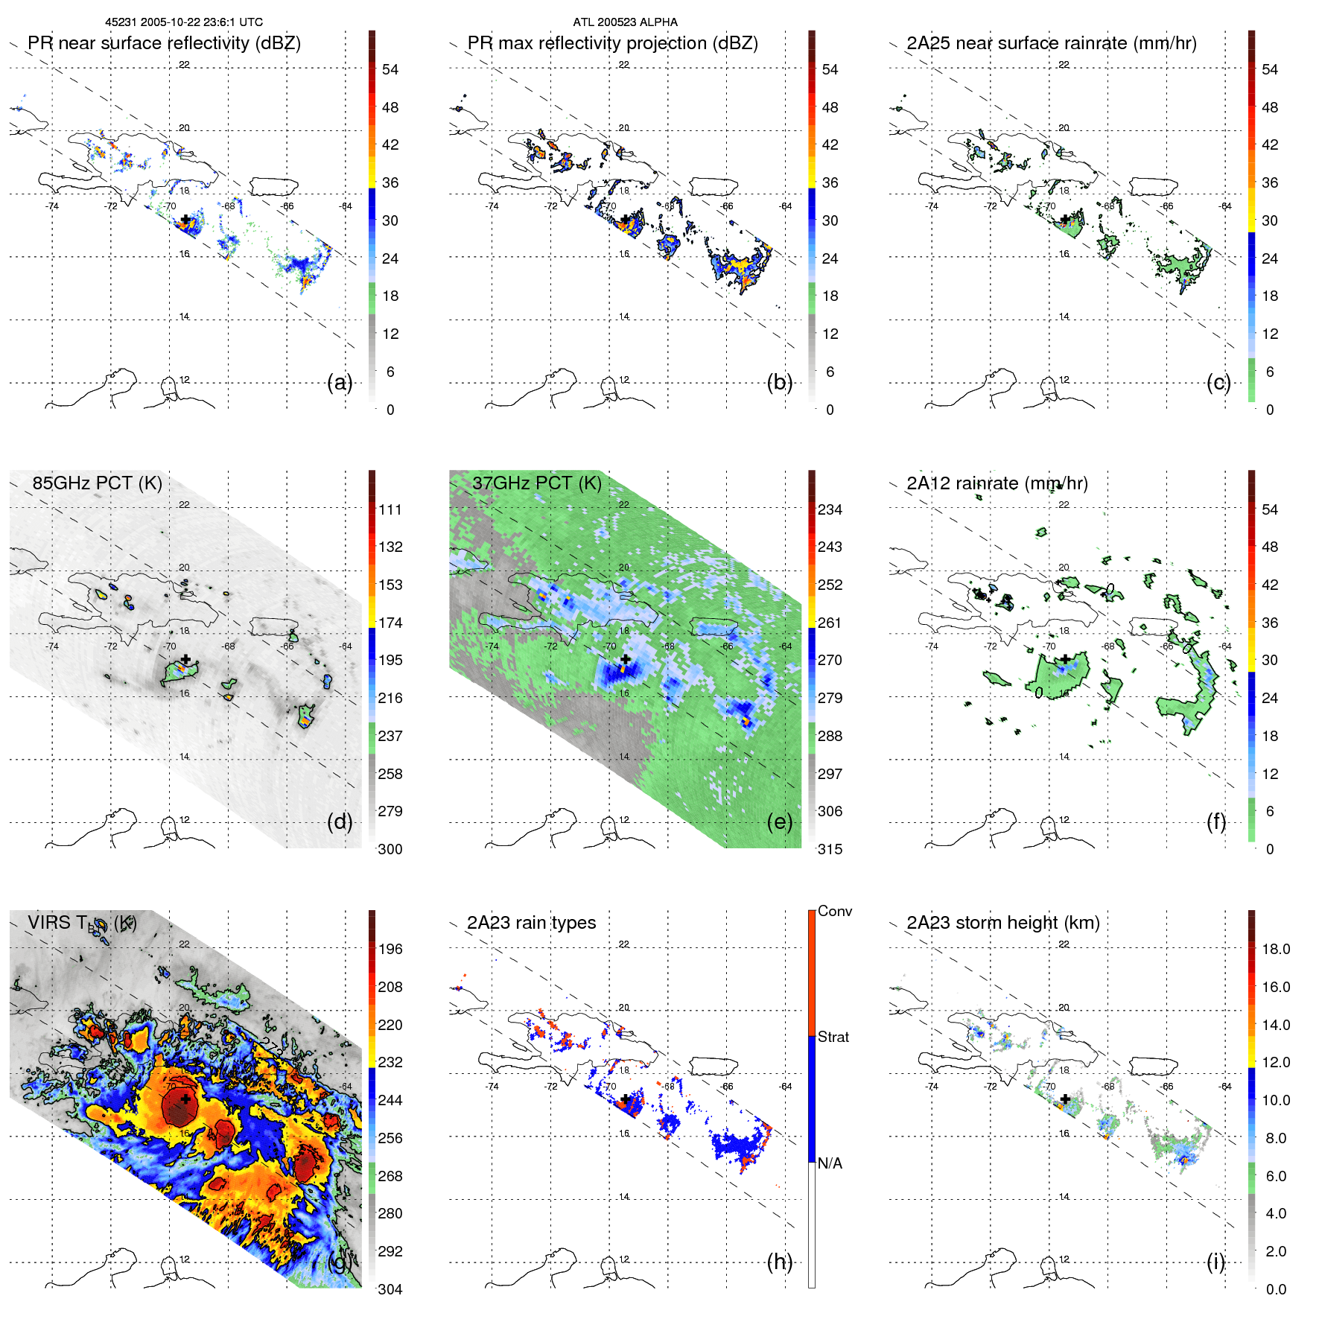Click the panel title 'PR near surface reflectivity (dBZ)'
tap(164, 43)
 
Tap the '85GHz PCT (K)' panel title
tap(97, 483)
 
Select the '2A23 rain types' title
tap(531, 923)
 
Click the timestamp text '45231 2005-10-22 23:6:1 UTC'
tap(184, 22)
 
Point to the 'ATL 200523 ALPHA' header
tap(625, 22)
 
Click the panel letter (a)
tap(340, 383)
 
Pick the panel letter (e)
tap(779, 822)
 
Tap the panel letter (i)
tap(1215, 1262)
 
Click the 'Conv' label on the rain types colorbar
tap(835, 911)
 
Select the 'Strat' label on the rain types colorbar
tap(833, 1037)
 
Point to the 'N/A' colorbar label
tap(830, 1163)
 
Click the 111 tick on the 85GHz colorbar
tap(390, 509)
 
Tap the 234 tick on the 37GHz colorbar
tap(830, 509)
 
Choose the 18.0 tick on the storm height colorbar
tap(1275, 949)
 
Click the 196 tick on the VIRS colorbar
tap(390, 949)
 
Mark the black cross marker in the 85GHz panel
tap(185, 659)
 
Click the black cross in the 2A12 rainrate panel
tap(1066, 659)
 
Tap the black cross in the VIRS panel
tap(185, 1099)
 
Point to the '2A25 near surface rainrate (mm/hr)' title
tap(1051, 43)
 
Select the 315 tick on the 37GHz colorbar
tap(830, 849)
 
